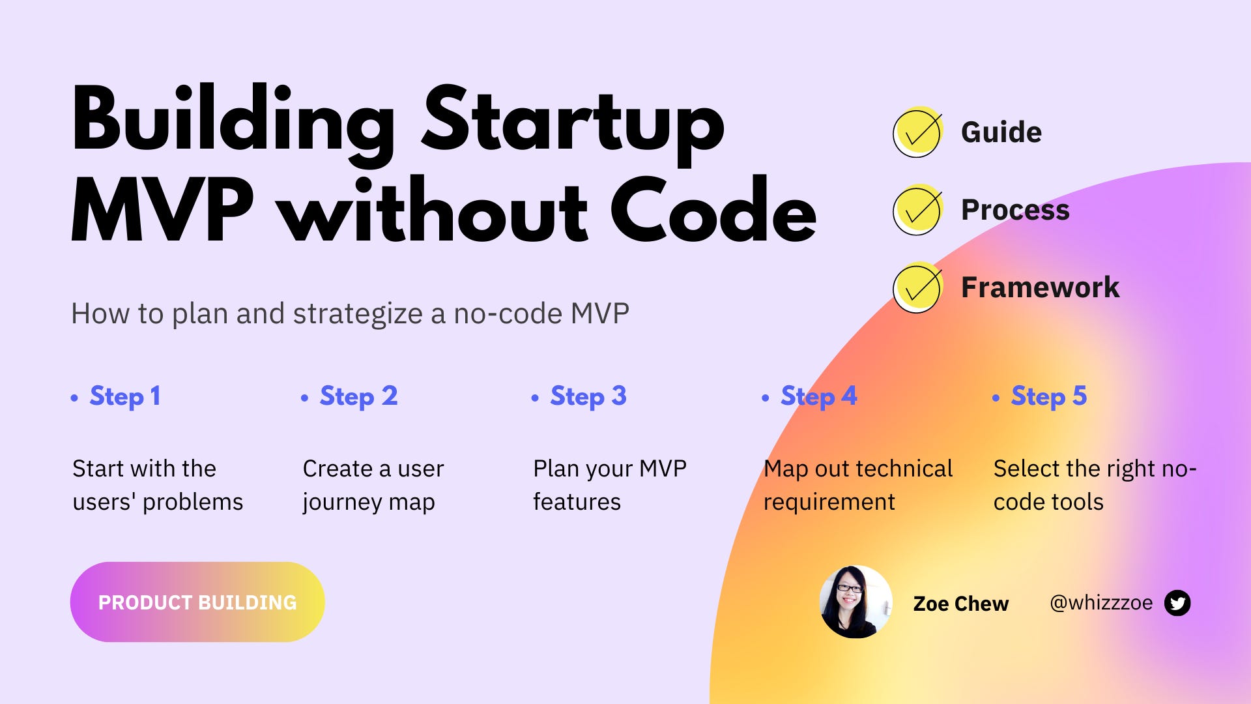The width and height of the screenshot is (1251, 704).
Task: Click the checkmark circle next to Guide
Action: point(917,132)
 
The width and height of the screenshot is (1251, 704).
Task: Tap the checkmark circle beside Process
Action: point(917,210)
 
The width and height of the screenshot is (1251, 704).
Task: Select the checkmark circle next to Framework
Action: point(917,287)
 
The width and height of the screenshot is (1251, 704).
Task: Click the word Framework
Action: point(1040,287)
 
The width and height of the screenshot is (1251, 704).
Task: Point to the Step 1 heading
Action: point(124,396)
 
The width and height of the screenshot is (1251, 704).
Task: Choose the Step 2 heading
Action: point(358,396)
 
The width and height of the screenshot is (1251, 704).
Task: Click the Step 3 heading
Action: point(588,396)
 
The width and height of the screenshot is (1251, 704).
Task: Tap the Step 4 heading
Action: point(818,396)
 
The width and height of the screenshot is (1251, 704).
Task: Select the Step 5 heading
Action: point(1048,396)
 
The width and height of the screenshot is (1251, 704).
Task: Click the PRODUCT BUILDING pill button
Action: point(197,602)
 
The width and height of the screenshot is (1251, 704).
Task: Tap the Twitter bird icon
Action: point(1177,603)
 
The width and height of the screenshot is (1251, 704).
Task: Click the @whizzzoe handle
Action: point(1100,603)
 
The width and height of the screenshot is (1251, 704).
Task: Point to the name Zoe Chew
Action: point(960,604)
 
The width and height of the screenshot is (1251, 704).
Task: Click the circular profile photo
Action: point(856,602)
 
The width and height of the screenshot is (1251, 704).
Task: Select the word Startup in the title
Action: point(573,124)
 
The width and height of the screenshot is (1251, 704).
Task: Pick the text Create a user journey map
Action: point(373,485)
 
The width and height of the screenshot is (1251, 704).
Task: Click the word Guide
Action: point(1001,132)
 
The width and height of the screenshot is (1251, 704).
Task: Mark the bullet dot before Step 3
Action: point(535,398)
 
